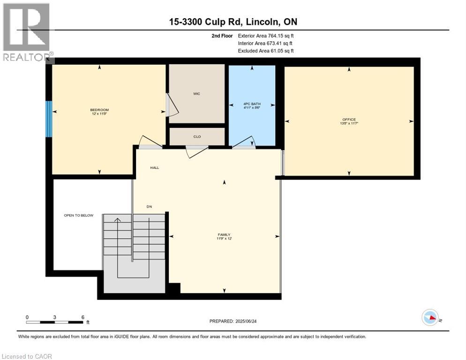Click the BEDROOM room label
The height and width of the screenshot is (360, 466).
[x=99, y=110]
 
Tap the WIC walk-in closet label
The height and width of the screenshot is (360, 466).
[x=197, y=94]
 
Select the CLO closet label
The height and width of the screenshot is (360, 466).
[x=197, y=137]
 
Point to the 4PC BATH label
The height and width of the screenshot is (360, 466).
[x=252, y=104]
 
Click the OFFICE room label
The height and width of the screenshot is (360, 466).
[x=349, y=120]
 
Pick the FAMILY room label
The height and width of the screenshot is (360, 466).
[x=224, y=235]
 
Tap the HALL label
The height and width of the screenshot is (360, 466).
[x=155, y=168]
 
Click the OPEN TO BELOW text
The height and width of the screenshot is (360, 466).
[x=79, y=216]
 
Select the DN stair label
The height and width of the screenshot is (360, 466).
[x=149, y=207]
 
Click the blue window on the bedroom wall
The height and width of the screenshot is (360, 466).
[x=49, y=119]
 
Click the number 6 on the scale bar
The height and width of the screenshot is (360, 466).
[x=83, y=317]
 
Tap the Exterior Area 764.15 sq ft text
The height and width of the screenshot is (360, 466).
[x=266, y=36]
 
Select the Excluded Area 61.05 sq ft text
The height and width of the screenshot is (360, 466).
[x=266, y=51]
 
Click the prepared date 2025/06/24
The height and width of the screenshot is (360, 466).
[x=246, y=322]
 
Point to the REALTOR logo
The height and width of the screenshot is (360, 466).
[x=27, y=32]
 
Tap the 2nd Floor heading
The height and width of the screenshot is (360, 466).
[x=222, y=36]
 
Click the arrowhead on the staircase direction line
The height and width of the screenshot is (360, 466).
[x=118, y=220]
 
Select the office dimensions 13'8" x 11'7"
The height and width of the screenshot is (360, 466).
[x=349, y=123]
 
